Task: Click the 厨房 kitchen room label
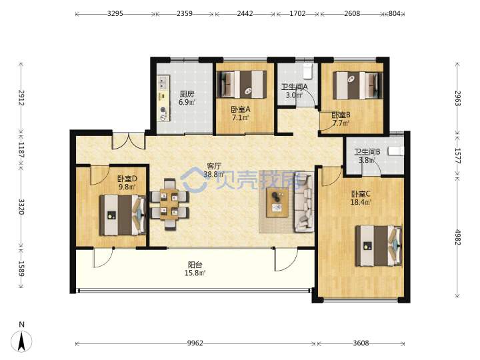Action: coord(187,93)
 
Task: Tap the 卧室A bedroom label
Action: coord(241,109)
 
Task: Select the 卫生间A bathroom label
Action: coord(295,87)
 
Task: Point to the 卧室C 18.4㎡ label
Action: coord(361,198)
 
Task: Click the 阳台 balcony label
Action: coord(195,265)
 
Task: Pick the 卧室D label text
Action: coord(127,179)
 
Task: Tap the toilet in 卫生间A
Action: coord(307,71)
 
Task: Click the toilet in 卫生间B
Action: coord(396,151)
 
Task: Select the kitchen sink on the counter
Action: coord(163,83)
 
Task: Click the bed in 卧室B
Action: coord(358,85)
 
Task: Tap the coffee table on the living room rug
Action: coord(277,203)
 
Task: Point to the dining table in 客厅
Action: coord(169,204)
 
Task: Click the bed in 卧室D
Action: coord(123,215)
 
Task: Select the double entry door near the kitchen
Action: coord(129,141)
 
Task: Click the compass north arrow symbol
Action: coord(21,341)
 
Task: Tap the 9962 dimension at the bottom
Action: coord(195,343)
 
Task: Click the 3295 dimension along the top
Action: coord(115,13)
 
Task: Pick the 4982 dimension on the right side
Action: coord(457,237)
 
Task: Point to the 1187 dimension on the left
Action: coord(21,150)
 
